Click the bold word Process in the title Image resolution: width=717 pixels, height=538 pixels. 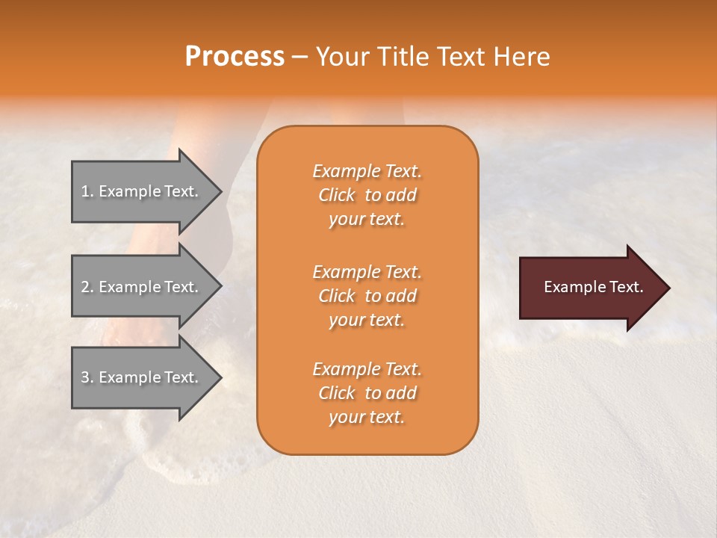point(235,57)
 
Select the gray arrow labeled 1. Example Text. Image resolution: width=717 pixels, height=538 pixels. point(142,191)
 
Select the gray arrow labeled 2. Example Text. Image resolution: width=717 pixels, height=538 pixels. point(142,287)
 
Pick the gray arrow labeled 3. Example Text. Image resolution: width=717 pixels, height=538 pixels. point(142,377)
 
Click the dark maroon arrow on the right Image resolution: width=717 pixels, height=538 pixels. point(590,287)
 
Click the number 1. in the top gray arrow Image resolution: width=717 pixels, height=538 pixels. point(87,191)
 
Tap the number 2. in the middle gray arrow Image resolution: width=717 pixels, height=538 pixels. point(87,287)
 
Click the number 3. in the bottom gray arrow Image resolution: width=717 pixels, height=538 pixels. point(87,377)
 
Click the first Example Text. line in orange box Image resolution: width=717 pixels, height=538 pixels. point(367,171)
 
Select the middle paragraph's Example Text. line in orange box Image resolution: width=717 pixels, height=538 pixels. point(367,271)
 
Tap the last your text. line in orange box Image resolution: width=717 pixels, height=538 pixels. point(367,418)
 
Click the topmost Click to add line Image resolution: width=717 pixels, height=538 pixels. point(367,195)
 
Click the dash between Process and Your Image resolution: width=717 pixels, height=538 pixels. point(299,58)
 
